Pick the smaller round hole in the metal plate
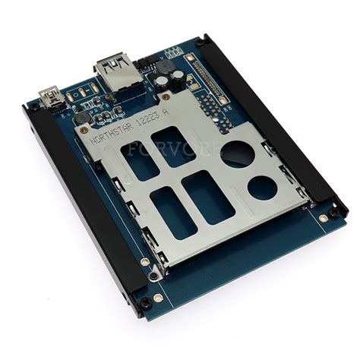click(263, 185)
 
